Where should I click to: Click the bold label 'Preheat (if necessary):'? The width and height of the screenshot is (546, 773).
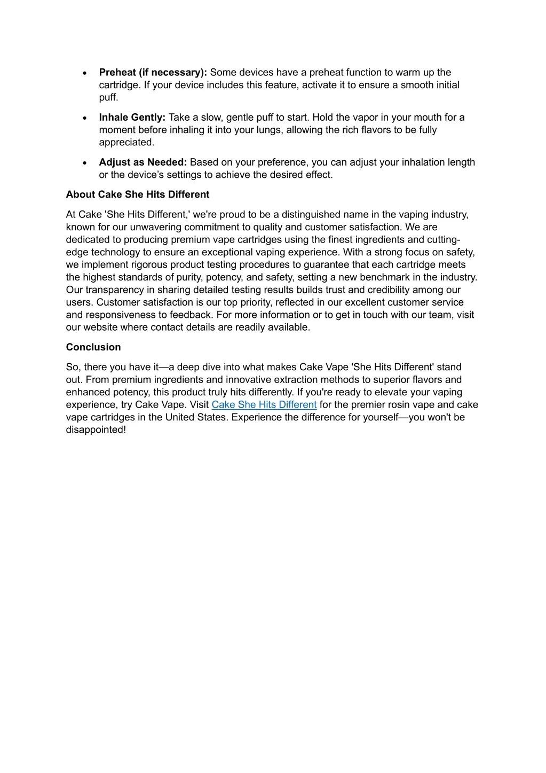pyautogui.click(x=153, y=73)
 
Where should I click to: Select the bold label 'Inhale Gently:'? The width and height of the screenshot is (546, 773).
pyautogui.click(x=132, y=118)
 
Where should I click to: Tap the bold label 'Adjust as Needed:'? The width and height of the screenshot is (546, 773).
pyautogui.click(x=143, y=162)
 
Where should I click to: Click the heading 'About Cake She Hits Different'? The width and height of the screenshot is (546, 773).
pyautogui.click(x=138, y=194)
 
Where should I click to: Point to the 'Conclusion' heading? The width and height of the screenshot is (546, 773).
pyautogui.click(x=93, y=347)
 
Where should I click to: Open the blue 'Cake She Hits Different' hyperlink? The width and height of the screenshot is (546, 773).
pyautogui.click(x=264, y=405)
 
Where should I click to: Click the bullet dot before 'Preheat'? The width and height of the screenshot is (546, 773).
pyautogui.click(x=85, y=73)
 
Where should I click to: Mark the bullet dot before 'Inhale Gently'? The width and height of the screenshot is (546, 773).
pyautogui.click(x=85, y=118)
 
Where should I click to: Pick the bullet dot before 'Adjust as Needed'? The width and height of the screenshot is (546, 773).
pyautogui.click(x=85, y=163)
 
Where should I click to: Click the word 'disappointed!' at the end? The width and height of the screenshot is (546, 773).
pyautogui.click(x=96, y=430)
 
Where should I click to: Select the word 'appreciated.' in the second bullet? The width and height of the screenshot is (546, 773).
pyautogui.click(x=126, y=143)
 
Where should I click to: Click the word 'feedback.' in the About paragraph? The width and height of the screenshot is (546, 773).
pyautogui.click(x=192, y=315)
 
